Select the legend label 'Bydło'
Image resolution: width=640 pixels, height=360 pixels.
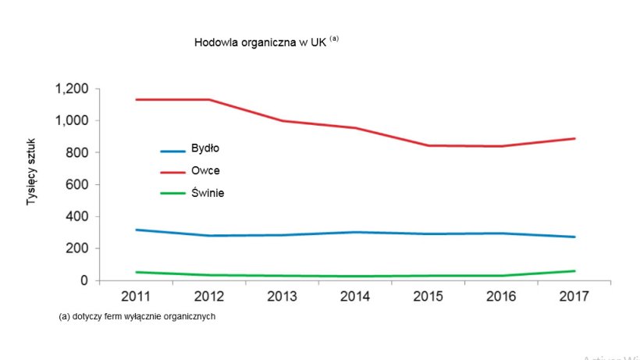pos(206,148)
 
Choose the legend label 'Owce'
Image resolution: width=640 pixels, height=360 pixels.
pos(205,170)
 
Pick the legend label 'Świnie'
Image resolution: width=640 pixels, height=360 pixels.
pos(208,192)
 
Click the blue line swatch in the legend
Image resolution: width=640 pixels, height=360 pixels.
pos(172,150)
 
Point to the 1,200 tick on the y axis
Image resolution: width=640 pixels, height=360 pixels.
pos(71,89)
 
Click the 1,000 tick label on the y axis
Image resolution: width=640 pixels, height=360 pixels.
pos(71,121)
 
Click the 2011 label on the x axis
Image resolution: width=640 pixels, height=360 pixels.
pos(136,297)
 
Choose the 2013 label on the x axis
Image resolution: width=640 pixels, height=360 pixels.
pos(283,297)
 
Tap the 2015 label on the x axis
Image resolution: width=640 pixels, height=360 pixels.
pos(428,297)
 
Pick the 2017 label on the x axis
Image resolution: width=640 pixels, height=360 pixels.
pos(574,297)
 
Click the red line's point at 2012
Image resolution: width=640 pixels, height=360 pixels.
pos(209,100)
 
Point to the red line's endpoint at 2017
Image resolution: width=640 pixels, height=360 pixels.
pos(574,138)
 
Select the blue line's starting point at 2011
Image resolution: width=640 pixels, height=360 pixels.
pos(136,230)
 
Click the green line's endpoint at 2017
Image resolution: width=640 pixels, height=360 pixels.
pos(574,271)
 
